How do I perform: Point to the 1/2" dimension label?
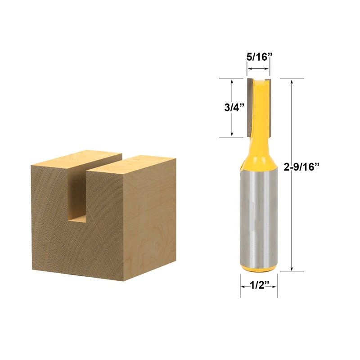pyautogui.click(x=258, y=284)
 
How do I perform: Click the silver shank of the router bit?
pyautogui.click(x=258, y=216)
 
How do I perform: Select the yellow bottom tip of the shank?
pyautogui.click(x=258, y=268)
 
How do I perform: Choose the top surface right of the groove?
pyautogui.click(x=135, y=162)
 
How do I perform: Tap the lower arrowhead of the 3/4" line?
pyautogui.click(x=231, y=134)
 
